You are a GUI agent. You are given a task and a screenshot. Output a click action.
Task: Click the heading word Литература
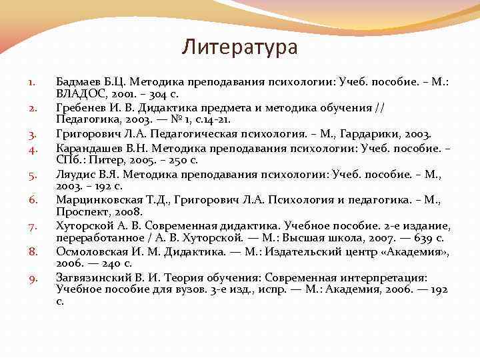point(240,48)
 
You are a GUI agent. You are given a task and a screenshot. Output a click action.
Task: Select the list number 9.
point(31,278)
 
